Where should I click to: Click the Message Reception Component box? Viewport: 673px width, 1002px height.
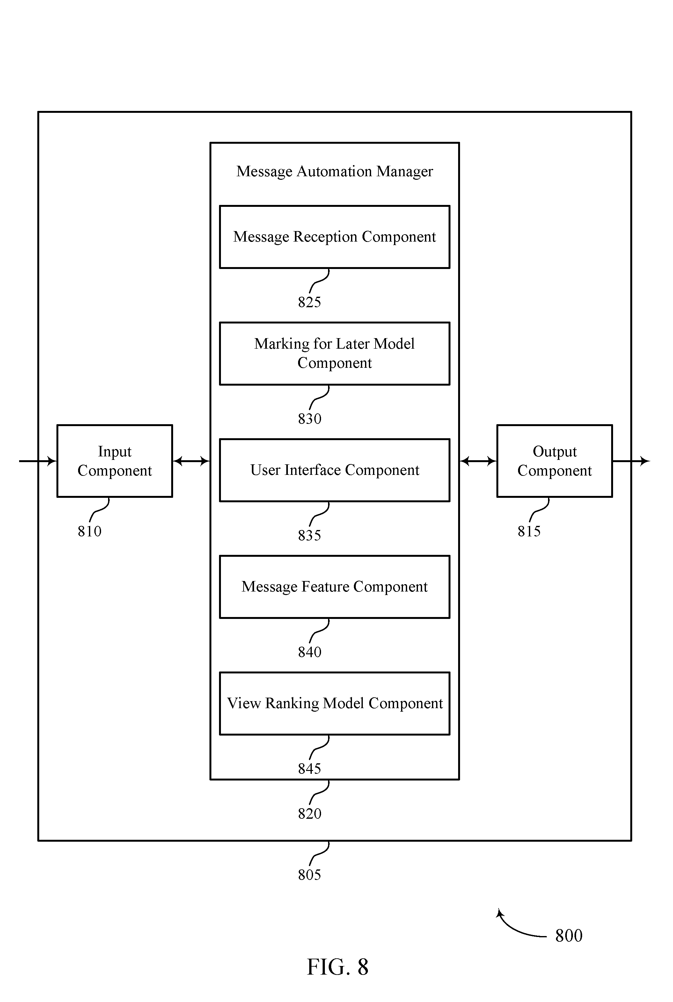click(x=334, y=237)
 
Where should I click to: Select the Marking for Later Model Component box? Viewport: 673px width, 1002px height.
click(x=334, y=353)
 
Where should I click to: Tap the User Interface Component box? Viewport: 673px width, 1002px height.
click(x=334, y=470)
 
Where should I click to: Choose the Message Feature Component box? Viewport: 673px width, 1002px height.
click(x=334, y=587)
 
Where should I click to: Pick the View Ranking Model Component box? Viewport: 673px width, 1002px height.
click(x=334, y=703)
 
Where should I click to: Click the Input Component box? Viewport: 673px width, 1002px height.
click(x=114, y=461)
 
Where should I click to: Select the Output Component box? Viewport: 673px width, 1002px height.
click(x=554, y=461)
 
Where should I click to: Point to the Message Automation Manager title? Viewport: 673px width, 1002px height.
click(x=334, y=171)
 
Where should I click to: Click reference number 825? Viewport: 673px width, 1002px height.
click(x=310, y=302)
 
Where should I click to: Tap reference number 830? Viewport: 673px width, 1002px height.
click(x=310, y=419)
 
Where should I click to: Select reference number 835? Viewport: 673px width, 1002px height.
click(x=310, y=535)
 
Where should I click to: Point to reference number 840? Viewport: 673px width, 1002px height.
click(x=310, y=652)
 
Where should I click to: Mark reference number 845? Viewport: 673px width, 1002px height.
click(x=310, y=769)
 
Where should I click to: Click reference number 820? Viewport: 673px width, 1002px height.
click(x=310, y=814)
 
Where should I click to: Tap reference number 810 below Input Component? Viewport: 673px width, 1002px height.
click(x=89, y=532)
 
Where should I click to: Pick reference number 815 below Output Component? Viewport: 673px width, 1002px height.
click(x=529, y=532)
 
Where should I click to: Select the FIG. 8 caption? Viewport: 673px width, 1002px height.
click(x=337, y=967)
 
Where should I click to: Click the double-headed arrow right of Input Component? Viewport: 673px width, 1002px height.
click(x=191, y=461)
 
